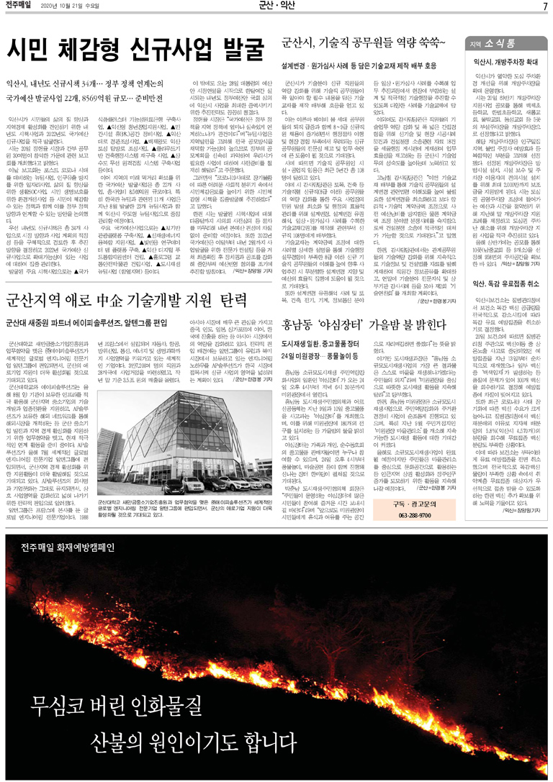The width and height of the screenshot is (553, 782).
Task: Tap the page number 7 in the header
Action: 545,7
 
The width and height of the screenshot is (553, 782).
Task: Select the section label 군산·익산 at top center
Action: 276,7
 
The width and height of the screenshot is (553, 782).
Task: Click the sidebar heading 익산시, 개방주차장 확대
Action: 508,63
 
